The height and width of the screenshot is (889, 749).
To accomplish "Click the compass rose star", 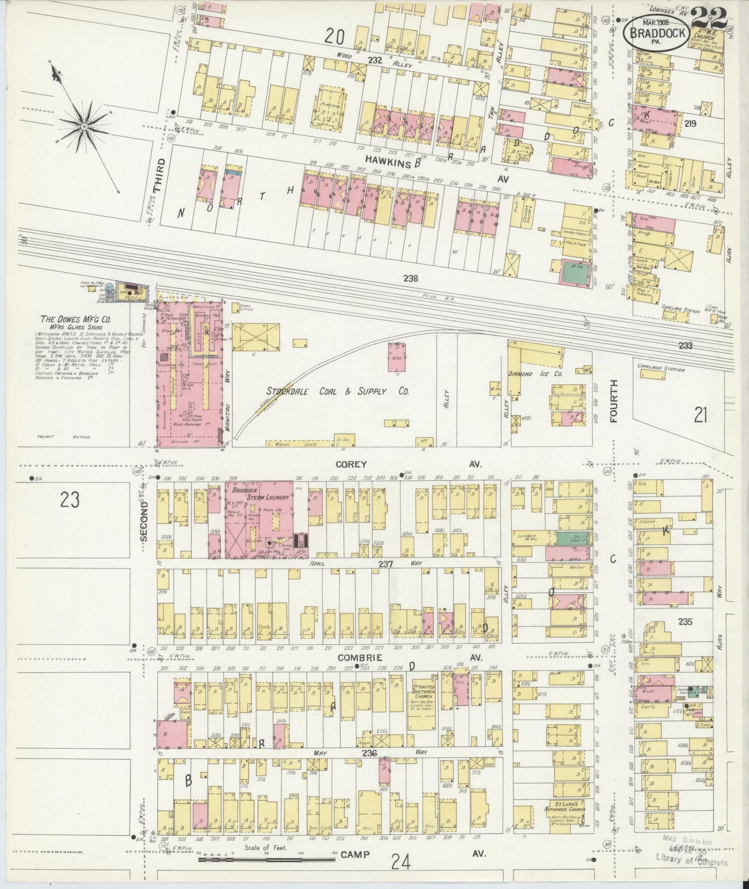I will pyautogui.click(x=83, y=126).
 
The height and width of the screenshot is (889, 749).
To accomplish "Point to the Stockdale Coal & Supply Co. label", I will pyautogui.click(x=337, y=391).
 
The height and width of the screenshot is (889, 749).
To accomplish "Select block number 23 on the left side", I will pyautogui.click(x=70, y=500).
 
